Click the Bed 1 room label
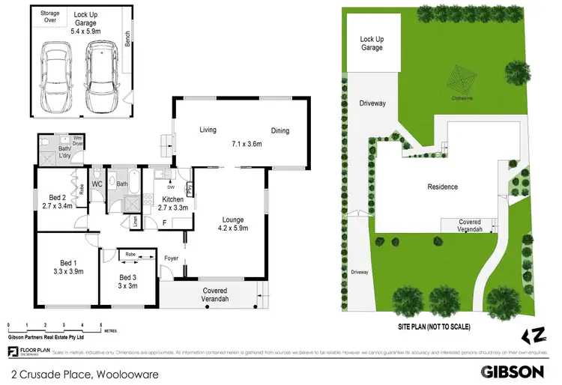coord(68,262)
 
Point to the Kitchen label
coord(173,199)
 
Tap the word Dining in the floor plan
coord(279,131)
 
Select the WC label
coord(97,184)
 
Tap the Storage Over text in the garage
coord(50,16)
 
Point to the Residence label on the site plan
coord(442,187)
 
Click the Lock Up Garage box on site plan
coord(371,43)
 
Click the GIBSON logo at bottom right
coord(512,371)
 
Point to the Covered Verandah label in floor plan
coord(215,294)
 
